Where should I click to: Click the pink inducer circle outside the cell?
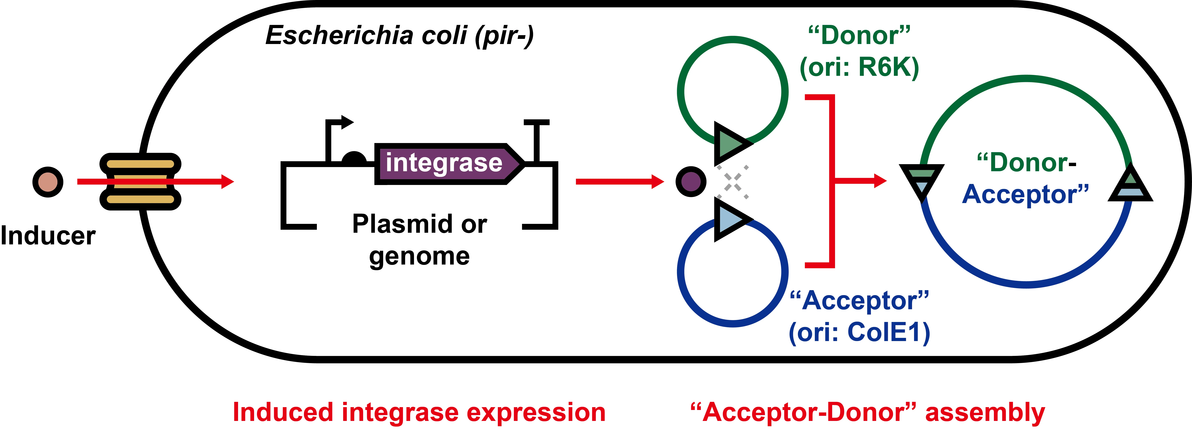point(48,182)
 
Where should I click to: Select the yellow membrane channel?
point(140,181)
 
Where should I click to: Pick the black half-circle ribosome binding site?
point(354,157)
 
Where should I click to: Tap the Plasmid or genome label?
point(419,240)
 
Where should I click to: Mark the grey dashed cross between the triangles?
point(733,182)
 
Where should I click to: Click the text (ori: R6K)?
point(859,67)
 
